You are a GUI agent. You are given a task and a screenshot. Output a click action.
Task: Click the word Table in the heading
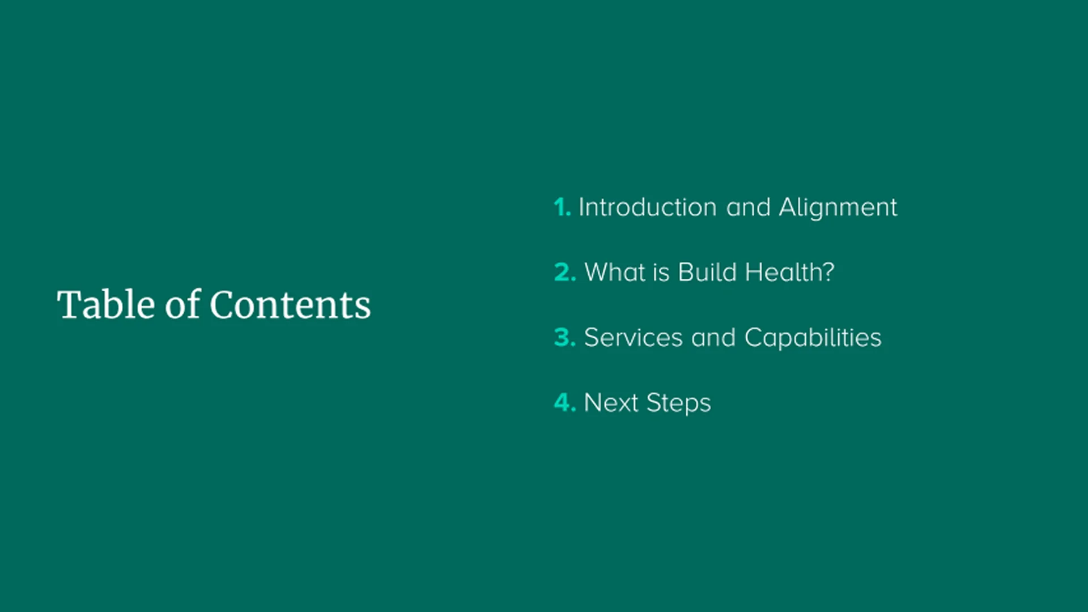click(106, 305)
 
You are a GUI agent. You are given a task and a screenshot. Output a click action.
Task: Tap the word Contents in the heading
click(290, 305)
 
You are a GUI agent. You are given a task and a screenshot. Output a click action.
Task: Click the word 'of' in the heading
click(182, 305)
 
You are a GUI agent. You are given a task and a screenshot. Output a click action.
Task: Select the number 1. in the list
click(562, 207)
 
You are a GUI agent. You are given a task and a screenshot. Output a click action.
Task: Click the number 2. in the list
click(565, 273)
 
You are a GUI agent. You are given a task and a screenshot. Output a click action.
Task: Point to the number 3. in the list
click(565, 338)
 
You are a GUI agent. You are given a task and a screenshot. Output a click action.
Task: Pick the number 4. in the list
click(565, 403)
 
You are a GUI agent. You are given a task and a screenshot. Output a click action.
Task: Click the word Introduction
click(647, 207)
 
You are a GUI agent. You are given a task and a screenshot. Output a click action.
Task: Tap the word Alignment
click(838, 207)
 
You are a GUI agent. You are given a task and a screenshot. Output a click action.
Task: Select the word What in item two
click(615, 273)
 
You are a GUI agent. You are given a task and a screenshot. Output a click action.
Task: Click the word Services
click(633, 338)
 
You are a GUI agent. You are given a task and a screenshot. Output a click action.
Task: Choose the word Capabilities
click(813, 338)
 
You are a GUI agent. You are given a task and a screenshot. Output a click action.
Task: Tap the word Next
click(611, 403)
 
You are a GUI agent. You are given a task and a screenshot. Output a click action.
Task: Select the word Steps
click(678, 403)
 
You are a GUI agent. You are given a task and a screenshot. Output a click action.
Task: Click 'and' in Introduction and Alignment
click(748, 207)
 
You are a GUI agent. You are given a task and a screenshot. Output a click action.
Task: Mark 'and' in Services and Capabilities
click(713, 338)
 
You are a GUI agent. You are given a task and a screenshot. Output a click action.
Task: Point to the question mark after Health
click(828, 272)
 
